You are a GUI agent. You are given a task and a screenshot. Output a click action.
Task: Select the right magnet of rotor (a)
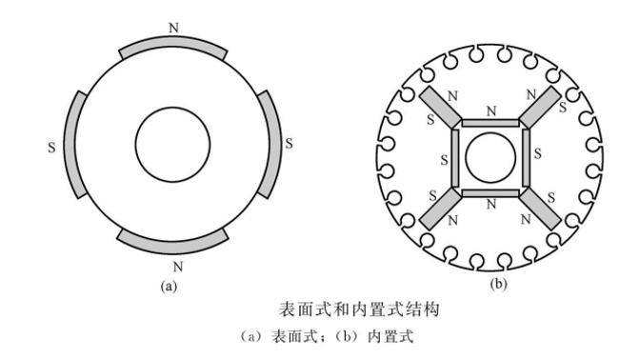point(273,144)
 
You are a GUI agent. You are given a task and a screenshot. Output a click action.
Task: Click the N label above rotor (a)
point(172,27)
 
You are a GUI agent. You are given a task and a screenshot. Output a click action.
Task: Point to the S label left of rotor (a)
point(50,148)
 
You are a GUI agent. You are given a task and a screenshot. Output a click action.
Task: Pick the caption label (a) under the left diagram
point(170,285)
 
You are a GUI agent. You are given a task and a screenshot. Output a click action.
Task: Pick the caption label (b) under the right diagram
point(497,283)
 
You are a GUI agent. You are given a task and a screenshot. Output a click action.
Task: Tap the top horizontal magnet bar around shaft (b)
point(490,123)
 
